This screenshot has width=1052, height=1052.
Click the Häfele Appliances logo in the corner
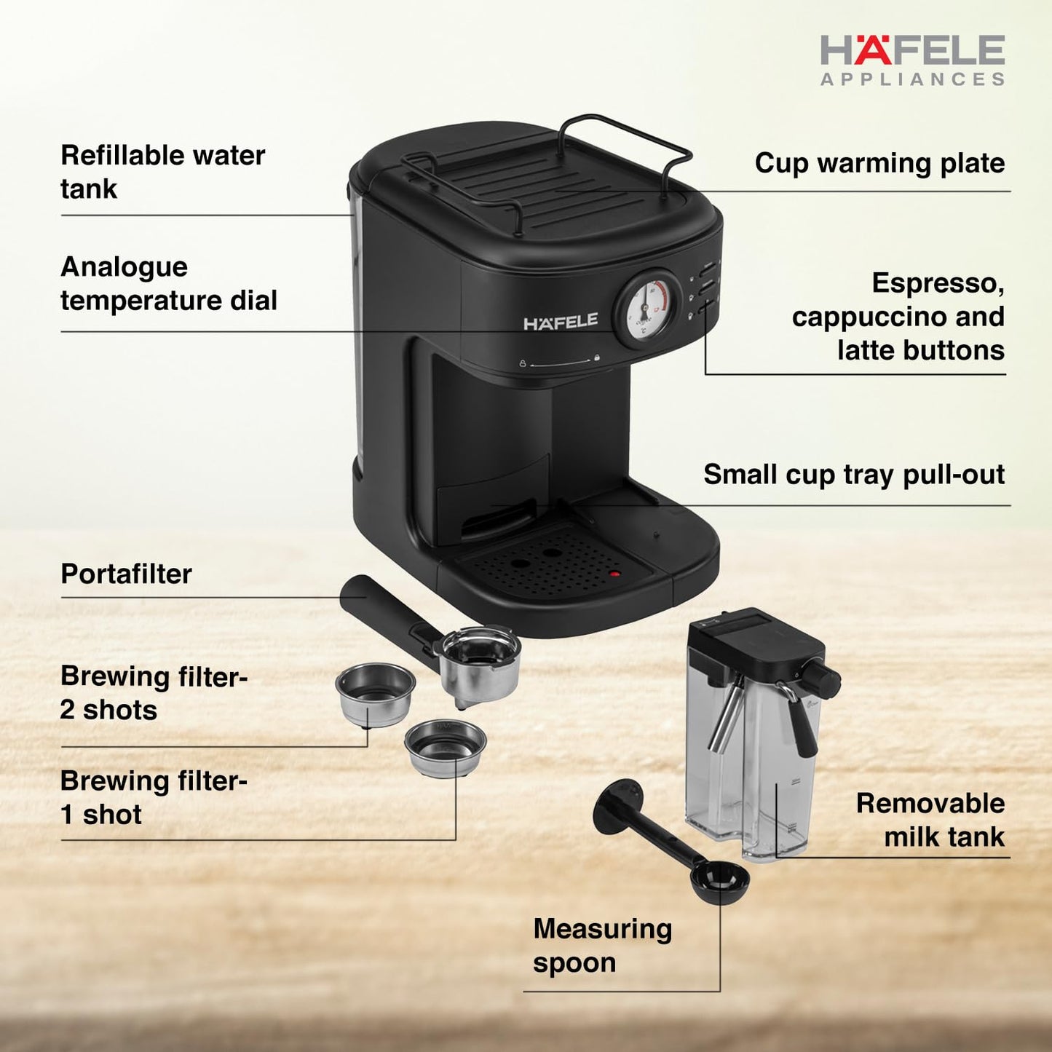click(912, 60)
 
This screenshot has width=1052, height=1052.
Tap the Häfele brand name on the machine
click(561, 322)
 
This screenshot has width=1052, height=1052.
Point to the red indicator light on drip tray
click(614, 574)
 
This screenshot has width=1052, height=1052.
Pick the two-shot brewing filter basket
click(375, 692)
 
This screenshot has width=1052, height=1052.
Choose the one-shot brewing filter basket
click(446, 748)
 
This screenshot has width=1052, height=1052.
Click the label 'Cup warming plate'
click(879, 163)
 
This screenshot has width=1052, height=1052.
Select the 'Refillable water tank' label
click(162, 172)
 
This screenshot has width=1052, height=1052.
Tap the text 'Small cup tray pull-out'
click(853, 475)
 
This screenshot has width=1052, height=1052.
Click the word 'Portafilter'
click(126, 574)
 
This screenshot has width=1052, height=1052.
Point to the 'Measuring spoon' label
click(602, 945)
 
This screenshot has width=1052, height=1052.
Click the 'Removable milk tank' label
click(930, 820)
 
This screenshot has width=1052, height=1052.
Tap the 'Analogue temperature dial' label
click(168, 283)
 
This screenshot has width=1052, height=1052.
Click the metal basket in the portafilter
click(480, 659)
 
